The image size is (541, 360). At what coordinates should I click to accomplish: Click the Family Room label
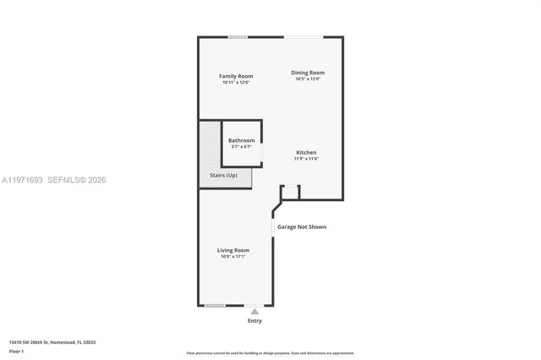236,76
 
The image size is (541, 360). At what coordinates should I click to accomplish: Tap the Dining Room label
308,73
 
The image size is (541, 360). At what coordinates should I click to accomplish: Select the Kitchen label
306,152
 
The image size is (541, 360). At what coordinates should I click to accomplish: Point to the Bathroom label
241,140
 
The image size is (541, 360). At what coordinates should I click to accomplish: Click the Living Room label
233,250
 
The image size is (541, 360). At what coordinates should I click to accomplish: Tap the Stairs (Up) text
224,175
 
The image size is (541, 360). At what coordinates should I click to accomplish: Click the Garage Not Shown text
302,226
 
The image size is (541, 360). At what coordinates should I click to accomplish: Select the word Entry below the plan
254,320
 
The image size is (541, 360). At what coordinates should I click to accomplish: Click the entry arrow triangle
254,311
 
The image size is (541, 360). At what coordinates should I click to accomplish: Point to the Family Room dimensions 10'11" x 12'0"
236,83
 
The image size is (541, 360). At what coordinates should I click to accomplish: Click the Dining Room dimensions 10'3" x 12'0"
308,79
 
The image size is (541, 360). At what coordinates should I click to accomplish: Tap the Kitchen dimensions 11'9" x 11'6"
306,159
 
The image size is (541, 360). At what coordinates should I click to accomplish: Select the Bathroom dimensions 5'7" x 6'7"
241,147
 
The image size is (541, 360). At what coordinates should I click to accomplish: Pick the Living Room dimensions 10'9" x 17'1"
233,257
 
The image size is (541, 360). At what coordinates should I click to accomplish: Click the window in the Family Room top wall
238,36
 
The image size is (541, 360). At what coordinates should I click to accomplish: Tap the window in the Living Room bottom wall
216,305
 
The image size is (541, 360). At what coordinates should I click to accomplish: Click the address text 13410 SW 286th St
52,342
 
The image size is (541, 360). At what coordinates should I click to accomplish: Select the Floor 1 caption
17,351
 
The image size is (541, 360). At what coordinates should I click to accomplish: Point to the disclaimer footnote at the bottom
270,353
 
